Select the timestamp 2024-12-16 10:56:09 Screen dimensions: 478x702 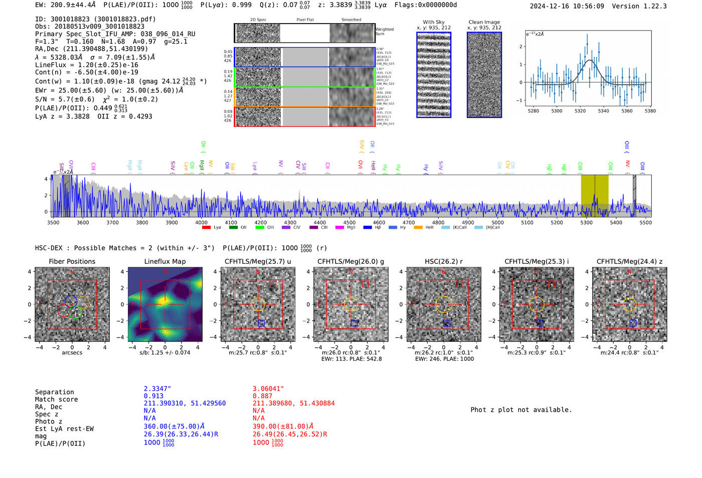[x=567, y=6]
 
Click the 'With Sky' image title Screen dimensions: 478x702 [x=434, y=22]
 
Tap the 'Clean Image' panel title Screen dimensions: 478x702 [x=484, y=22]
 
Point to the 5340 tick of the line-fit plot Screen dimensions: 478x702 [x=603, y=111]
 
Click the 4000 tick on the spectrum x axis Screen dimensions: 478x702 [x=201, y=223]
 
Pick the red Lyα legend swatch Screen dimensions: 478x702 [x=206, y=228]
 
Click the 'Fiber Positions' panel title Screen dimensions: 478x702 [x=72, y=261]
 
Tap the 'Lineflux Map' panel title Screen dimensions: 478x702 [x=164, y=261]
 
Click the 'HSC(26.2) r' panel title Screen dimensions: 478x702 [x=444, y=261]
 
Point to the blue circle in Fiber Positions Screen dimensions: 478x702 [x=71, y=301]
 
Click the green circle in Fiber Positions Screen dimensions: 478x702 [x=75, y=312]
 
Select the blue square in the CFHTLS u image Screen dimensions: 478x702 [x=261, y=323]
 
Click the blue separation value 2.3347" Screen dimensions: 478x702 [x=157, y=389]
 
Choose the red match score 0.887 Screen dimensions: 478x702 [x=262, y=396]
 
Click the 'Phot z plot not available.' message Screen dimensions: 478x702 [x=521, y=410]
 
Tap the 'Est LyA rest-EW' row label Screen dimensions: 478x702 [x=64, y=429]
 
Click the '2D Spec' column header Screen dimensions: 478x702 [x=258, y=20]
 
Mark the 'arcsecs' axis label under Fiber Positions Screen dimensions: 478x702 [x=72, y=353]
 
